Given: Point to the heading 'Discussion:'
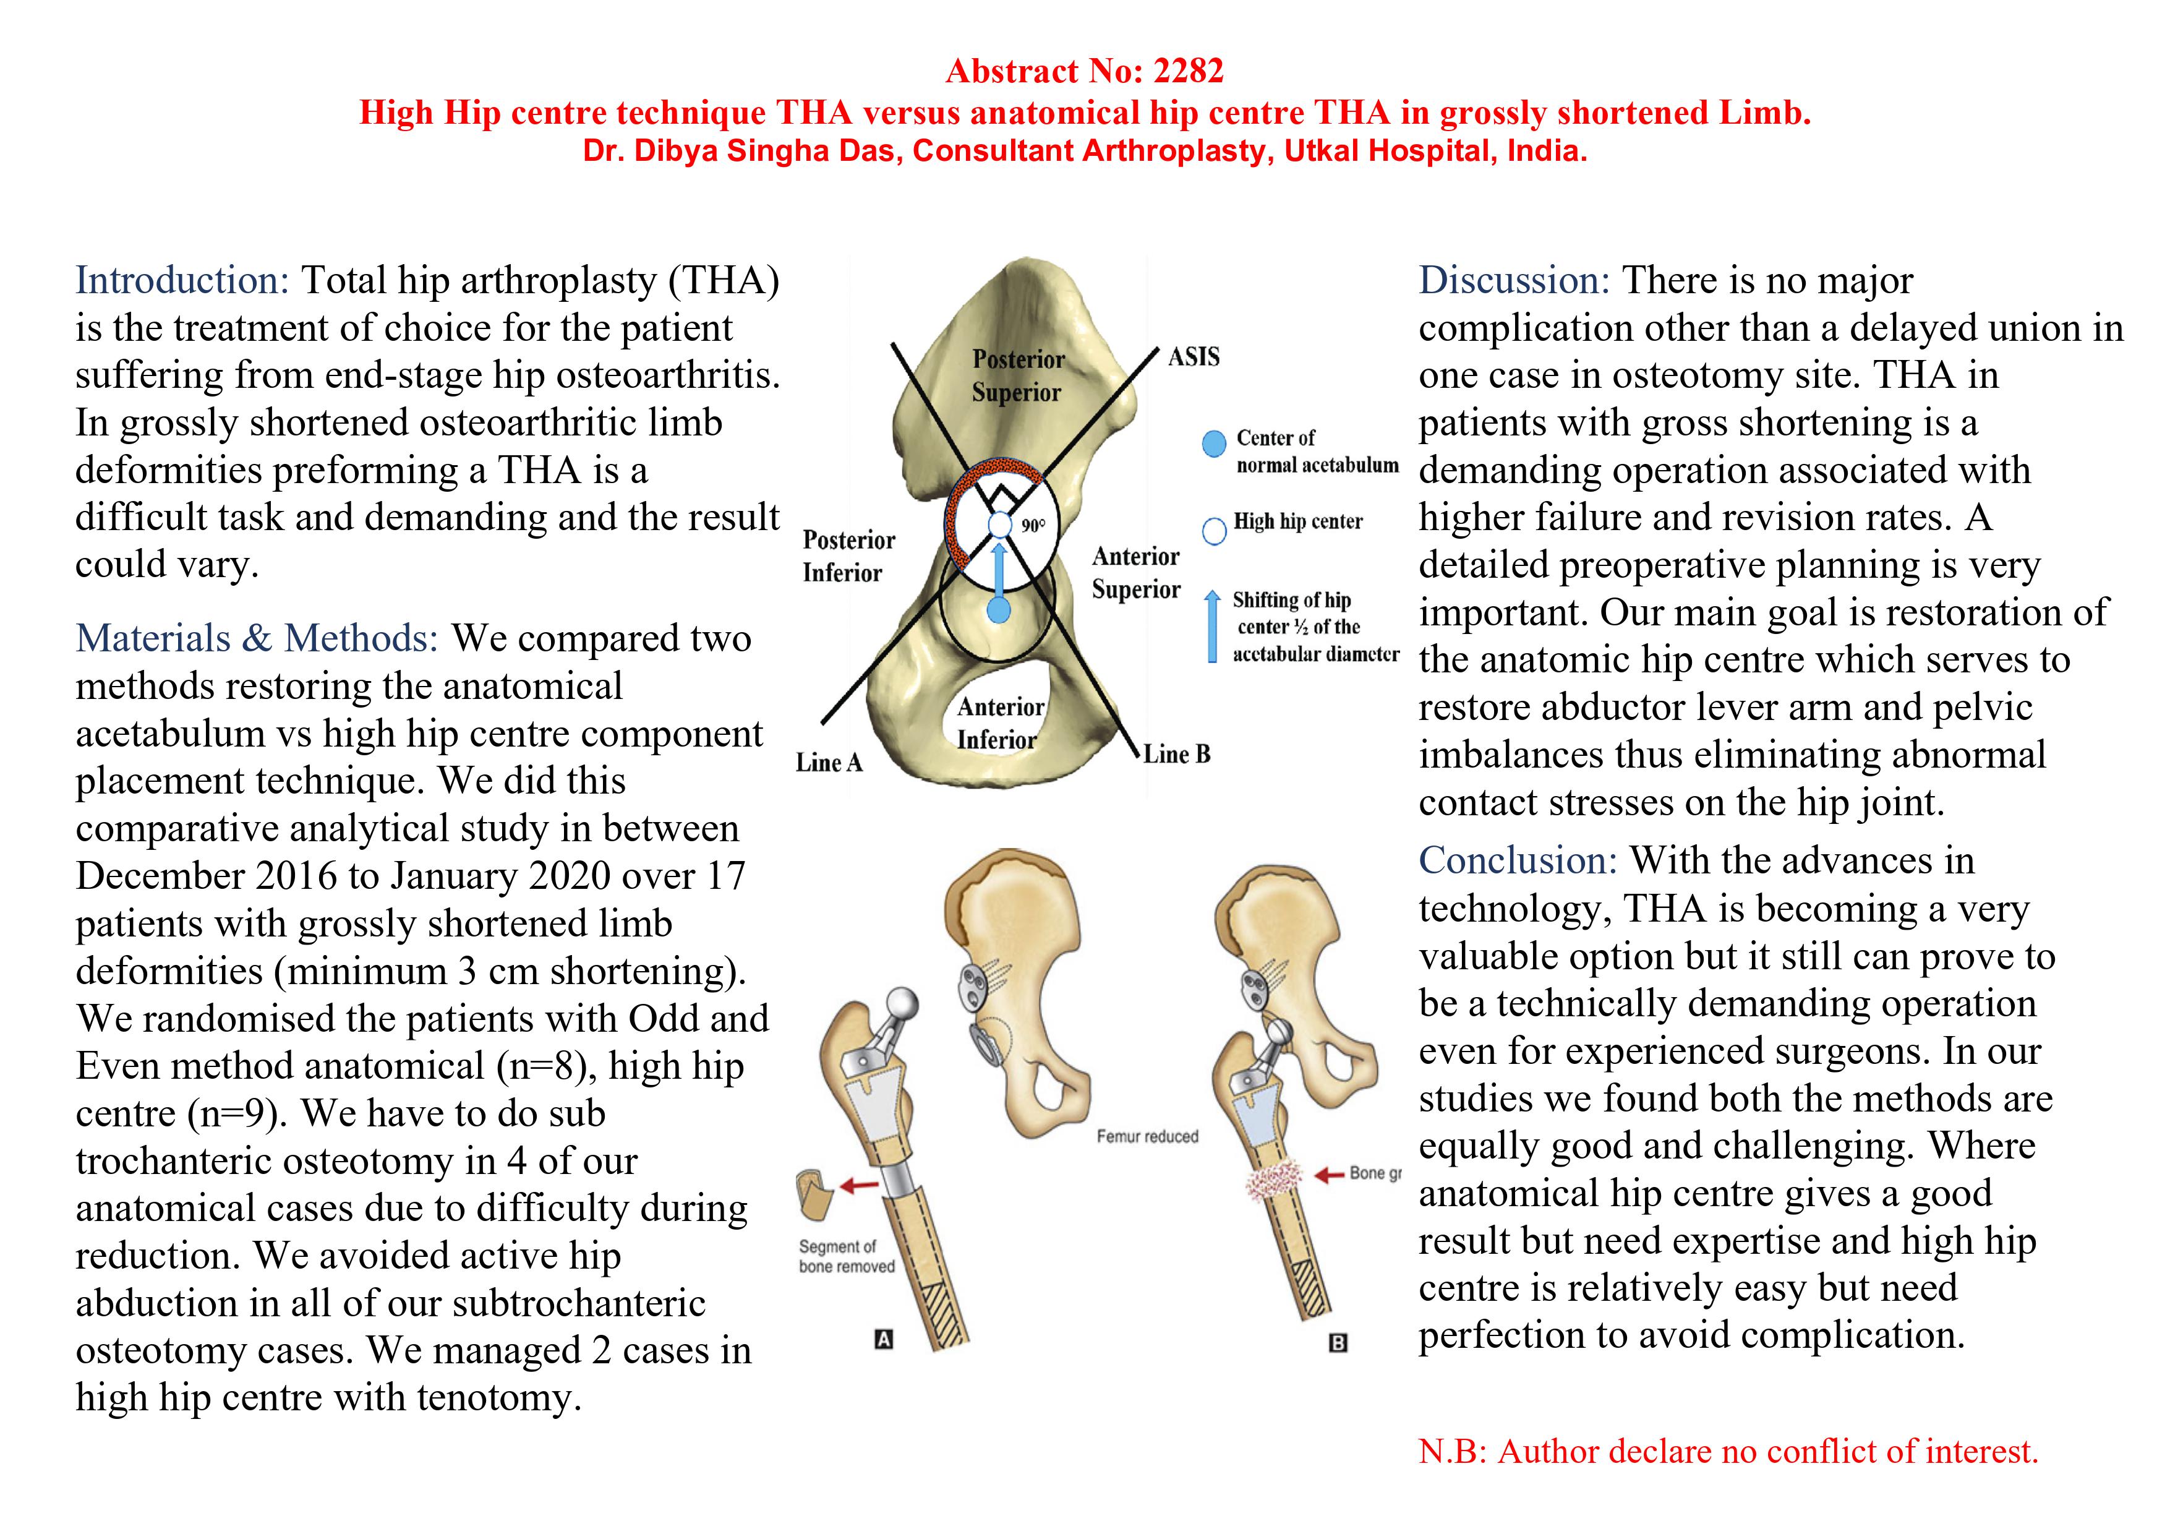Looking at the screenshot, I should (1514, 281).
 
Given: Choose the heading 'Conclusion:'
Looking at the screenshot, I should (1518, 861).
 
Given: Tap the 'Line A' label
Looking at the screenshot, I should (829, 763).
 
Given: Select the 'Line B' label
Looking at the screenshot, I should (1177, 754).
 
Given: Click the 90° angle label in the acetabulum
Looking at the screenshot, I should (1033, 526).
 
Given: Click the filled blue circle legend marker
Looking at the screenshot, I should (1213, 443).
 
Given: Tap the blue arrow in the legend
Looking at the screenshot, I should (1211, 626).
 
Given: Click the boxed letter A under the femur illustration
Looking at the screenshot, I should (884, 1339).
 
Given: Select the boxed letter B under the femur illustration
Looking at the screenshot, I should (1338, 1343).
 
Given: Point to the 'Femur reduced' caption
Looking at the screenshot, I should (1147, 1136).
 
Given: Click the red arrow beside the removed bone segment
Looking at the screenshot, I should (859, 1185).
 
